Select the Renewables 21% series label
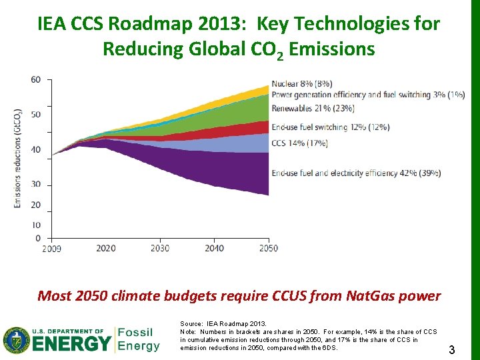[x=313, y=108]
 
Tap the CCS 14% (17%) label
[x=300, y=143]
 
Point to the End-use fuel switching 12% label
[x=330, y=127]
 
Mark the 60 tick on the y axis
[x=35, y=79]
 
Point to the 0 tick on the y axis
[x=37, y=238]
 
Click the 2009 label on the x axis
[x=51, y=249]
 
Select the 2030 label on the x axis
[x=160, y=248]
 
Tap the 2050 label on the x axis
[x=268, y=248]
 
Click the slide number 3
[x=451, y=349]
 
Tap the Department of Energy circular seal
[x=15, y=339]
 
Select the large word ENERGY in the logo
[x=71, y=344]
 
